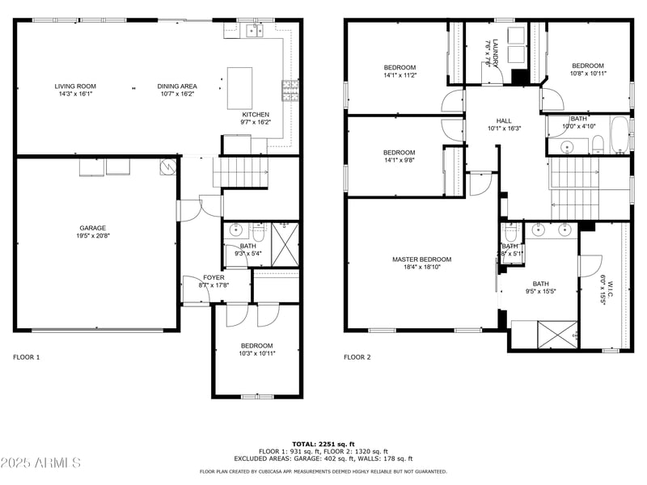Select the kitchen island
240,87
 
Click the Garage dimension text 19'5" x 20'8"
92,236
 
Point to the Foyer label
214,277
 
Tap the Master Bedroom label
421,259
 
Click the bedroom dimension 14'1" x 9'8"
399,160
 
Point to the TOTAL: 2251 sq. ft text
323,444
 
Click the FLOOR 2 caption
357,356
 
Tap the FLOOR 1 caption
26,356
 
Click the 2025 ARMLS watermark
41,463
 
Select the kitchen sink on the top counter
255,31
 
